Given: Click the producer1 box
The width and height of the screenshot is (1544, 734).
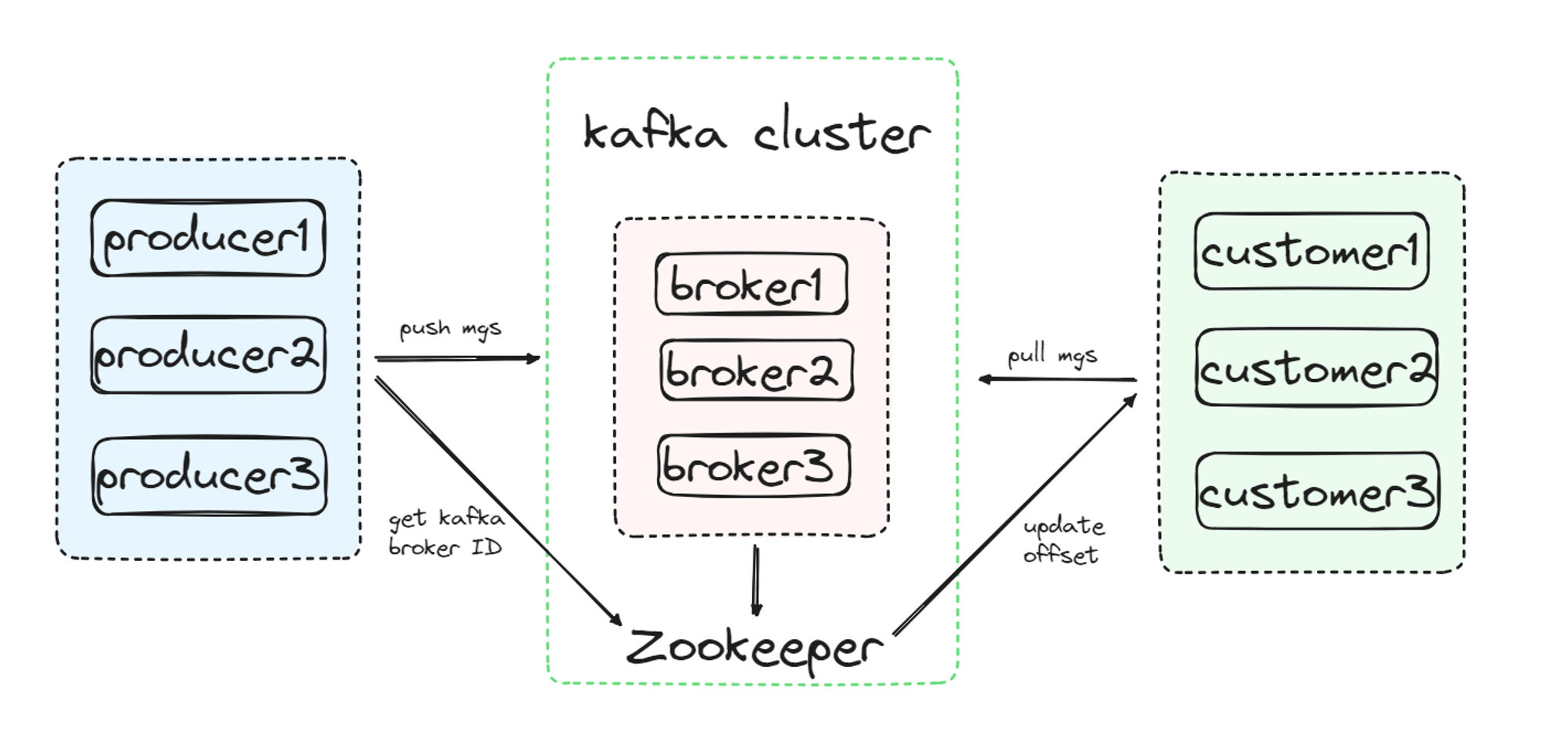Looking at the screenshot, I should click(x=208, y=238).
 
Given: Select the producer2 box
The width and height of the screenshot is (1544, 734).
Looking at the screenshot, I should click(x=208, y=355).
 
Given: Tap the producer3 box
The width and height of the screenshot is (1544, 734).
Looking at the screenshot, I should click(x=209, y=475).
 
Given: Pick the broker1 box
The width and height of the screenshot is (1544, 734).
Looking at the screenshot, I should click(x=751, y=284).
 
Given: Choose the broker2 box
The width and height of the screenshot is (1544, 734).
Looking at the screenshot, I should click(x=757, y=370).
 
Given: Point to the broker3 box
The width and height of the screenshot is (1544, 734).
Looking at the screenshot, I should click(x=753, y=465).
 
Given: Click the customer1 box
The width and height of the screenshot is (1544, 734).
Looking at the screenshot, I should click(x=1311, y=252).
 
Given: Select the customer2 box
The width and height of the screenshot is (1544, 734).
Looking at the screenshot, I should click(x=1315, y=368).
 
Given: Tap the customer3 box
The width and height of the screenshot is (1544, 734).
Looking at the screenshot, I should click(x=1317, y=492).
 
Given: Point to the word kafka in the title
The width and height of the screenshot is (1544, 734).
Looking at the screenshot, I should click(x=655, y=133).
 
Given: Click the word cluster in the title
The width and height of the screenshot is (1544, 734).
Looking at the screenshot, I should click(x=841, y=133).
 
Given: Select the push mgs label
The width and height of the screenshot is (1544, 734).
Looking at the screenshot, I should click(x=450, y=330).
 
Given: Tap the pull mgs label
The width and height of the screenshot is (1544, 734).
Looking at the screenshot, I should click(x=1051, y=356).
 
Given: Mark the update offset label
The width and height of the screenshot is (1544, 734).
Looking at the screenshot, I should click(x=1063, y=540).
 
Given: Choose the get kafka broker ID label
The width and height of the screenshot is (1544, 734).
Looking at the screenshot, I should click(x=446, y=533).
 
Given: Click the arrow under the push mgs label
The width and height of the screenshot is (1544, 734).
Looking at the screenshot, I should click(x=457, y=358).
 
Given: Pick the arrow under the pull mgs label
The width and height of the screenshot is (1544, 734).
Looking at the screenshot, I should click(x=1058, y=379).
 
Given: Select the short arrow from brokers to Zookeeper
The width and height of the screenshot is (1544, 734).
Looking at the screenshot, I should click(x=756, y=580).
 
